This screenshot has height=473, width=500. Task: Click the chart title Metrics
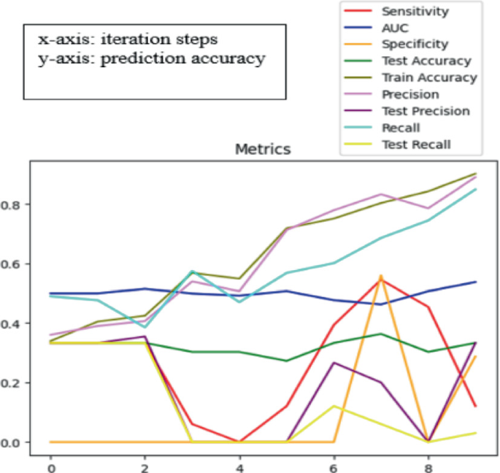click(262, 150)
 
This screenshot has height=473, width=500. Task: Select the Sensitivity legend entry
click(415, 12)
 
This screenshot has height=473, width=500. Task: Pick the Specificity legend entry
click(415, 45)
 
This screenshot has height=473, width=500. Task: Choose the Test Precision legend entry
click(426, 111)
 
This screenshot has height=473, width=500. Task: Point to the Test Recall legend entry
click(416, 144)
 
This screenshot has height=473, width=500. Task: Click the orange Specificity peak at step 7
click(381, 276)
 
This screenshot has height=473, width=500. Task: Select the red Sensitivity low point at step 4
click(239, 442)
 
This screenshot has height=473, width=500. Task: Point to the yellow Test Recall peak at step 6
click(334, 406)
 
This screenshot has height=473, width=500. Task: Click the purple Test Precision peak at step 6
click(334, 363)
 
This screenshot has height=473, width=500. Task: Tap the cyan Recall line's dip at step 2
click(145, 327)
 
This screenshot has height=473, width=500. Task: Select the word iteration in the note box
click(126, 39)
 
